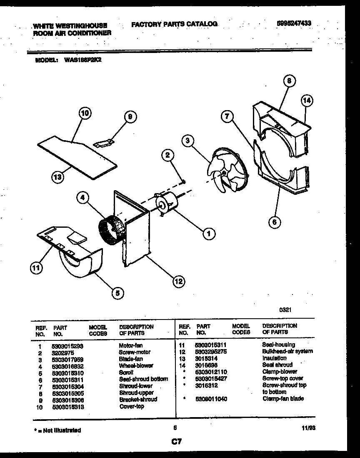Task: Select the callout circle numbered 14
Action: [307, 101]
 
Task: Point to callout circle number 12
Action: [178, 281]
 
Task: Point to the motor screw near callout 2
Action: [183, 180]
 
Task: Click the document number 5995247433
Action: [294, 24]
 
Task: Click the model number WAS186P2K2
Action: [83, 60]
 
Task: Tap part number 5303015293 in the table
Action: [69, 345]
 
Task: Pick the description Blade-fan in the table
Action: [131, 359]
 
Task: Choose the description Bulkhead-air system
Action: [287, 351]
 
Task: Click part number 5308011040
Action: [211, 399]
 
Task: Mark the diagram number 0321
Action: [285, 310]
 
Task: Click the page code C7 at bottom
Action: [176, 440]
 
